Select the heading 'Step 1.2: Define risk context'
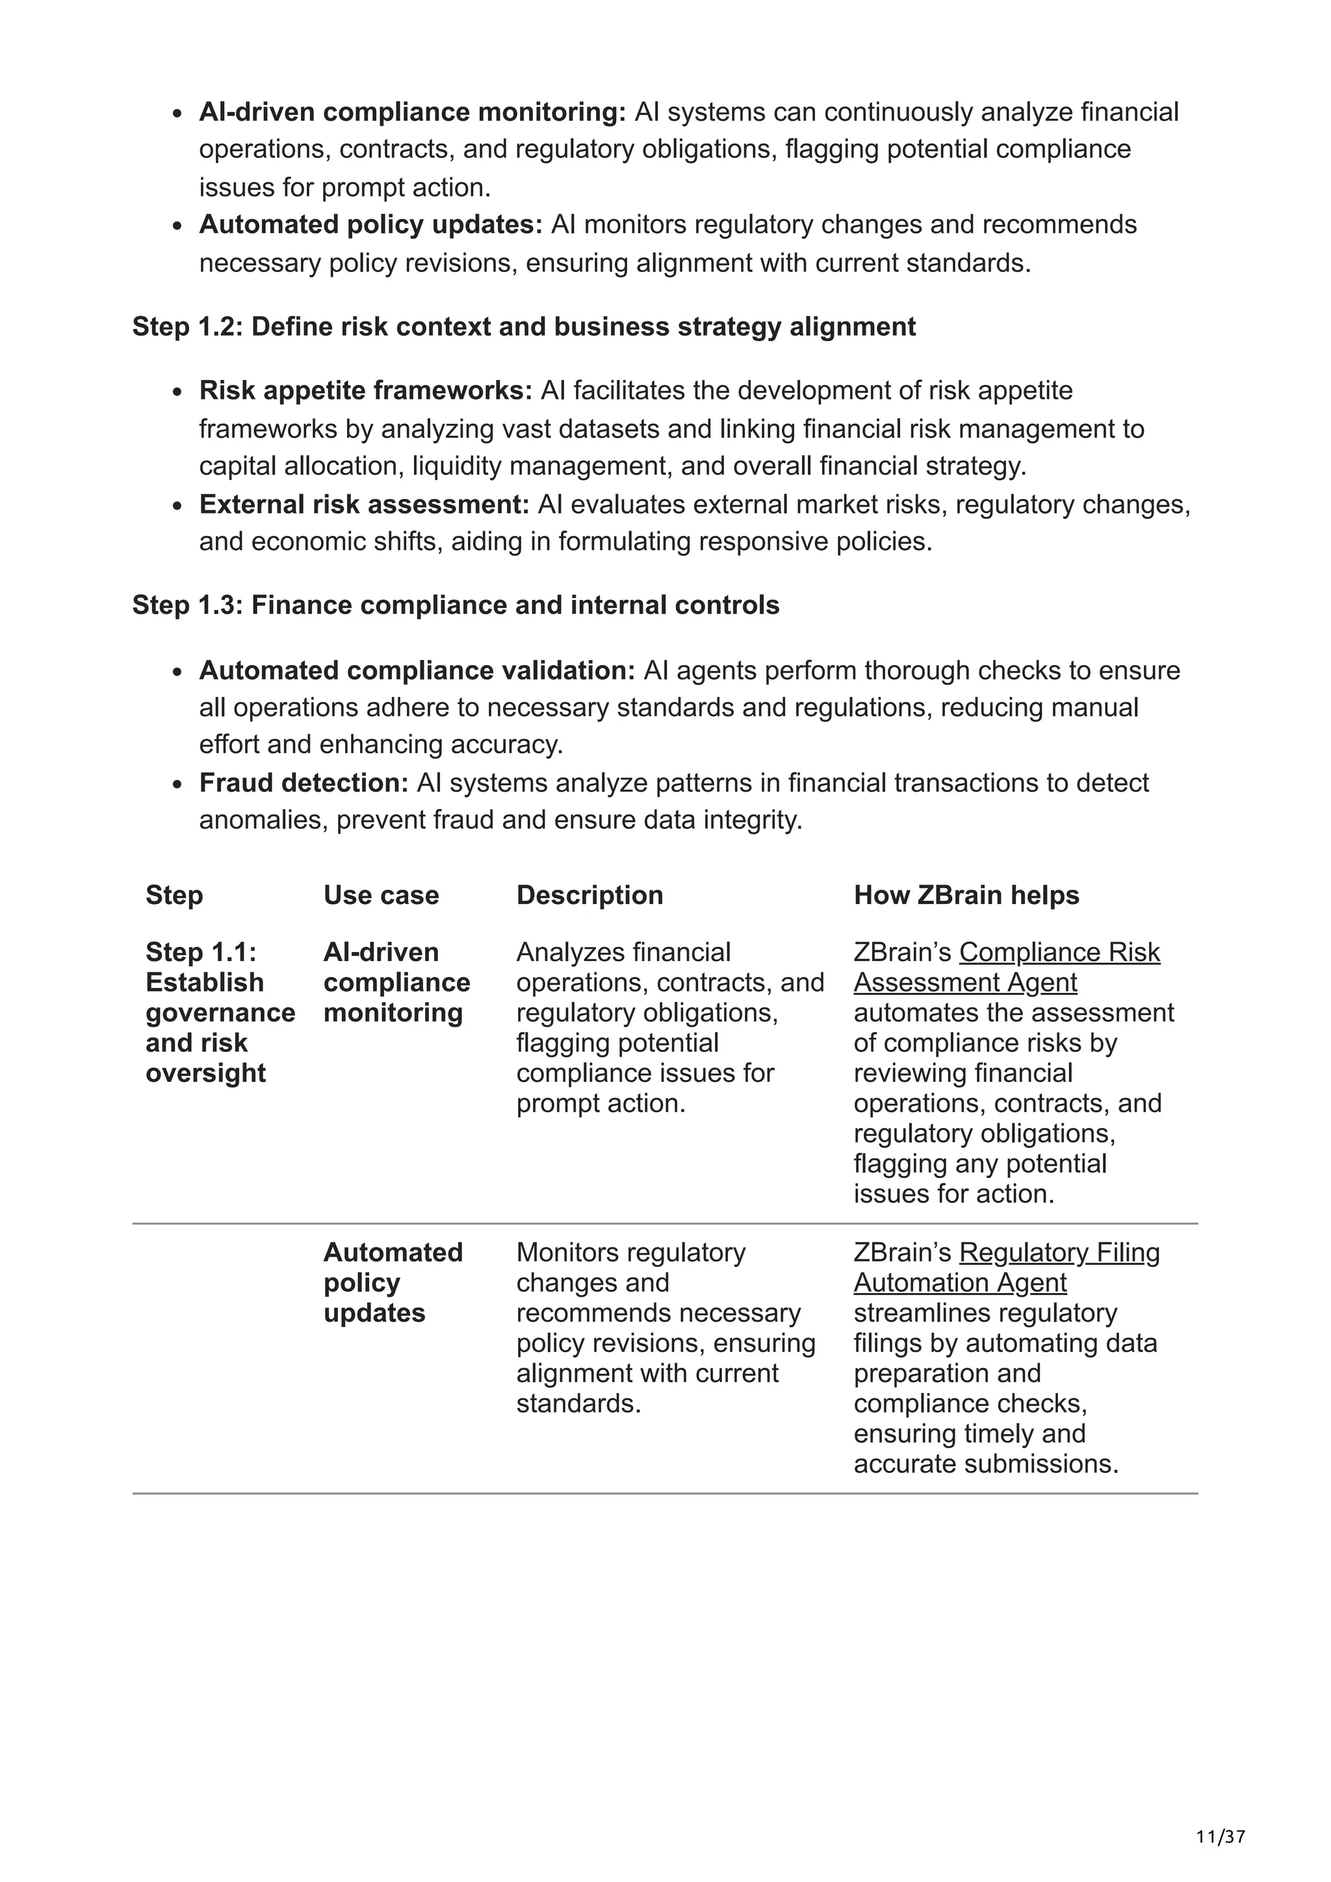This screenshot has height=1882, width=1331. [523, 327]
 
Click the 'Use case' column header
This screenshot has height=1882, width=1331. [381, 895]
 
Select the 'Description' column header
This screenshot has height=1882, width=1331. [589, 895]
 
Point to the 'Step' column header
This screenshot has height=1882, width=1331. [174, 895]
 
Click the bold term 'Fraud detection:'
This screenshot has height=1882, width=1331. [304, 783]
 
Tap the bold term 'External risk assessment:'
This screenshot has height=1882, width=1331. [364, 504]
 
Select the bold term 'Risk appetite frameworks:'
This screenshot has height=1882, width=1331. [366, 390]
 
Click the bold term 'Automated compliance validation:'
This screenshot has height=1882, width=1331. [417, 670]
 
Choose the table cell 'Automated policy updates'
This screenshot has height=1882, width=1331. [392, 1282]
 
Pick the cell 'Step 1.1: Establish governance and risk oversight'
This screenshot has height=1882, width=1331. [219, 1012]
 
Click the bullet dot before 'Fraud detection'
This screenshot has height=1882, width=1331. [178, 784]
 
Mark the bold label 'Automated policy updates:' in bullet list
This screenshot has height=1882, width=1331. [370, 225]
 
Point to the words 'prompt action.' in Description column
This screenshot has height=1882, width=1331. [601, 1103]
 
